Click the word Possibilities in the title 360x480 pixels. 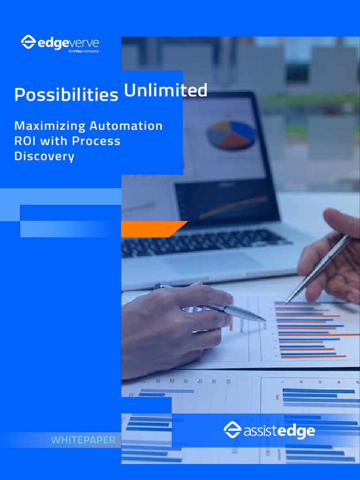point(66,95)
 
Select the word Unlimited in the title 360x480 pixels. point(165,90)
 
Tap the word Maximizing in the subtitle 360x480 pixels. point(50,126)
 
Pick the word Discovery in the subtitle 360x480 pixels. point(44,156)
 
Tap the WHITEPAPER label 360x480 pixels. point(83,440)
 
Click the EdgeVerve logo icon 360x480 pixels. point(28,42)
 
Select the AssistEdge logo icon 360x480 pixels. point(232,430)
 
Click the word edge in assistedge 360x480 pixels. point(296,431)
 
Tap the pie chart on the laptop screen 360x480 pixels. point(231,135)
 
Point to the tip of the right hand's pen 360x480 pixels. point(286,302)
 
